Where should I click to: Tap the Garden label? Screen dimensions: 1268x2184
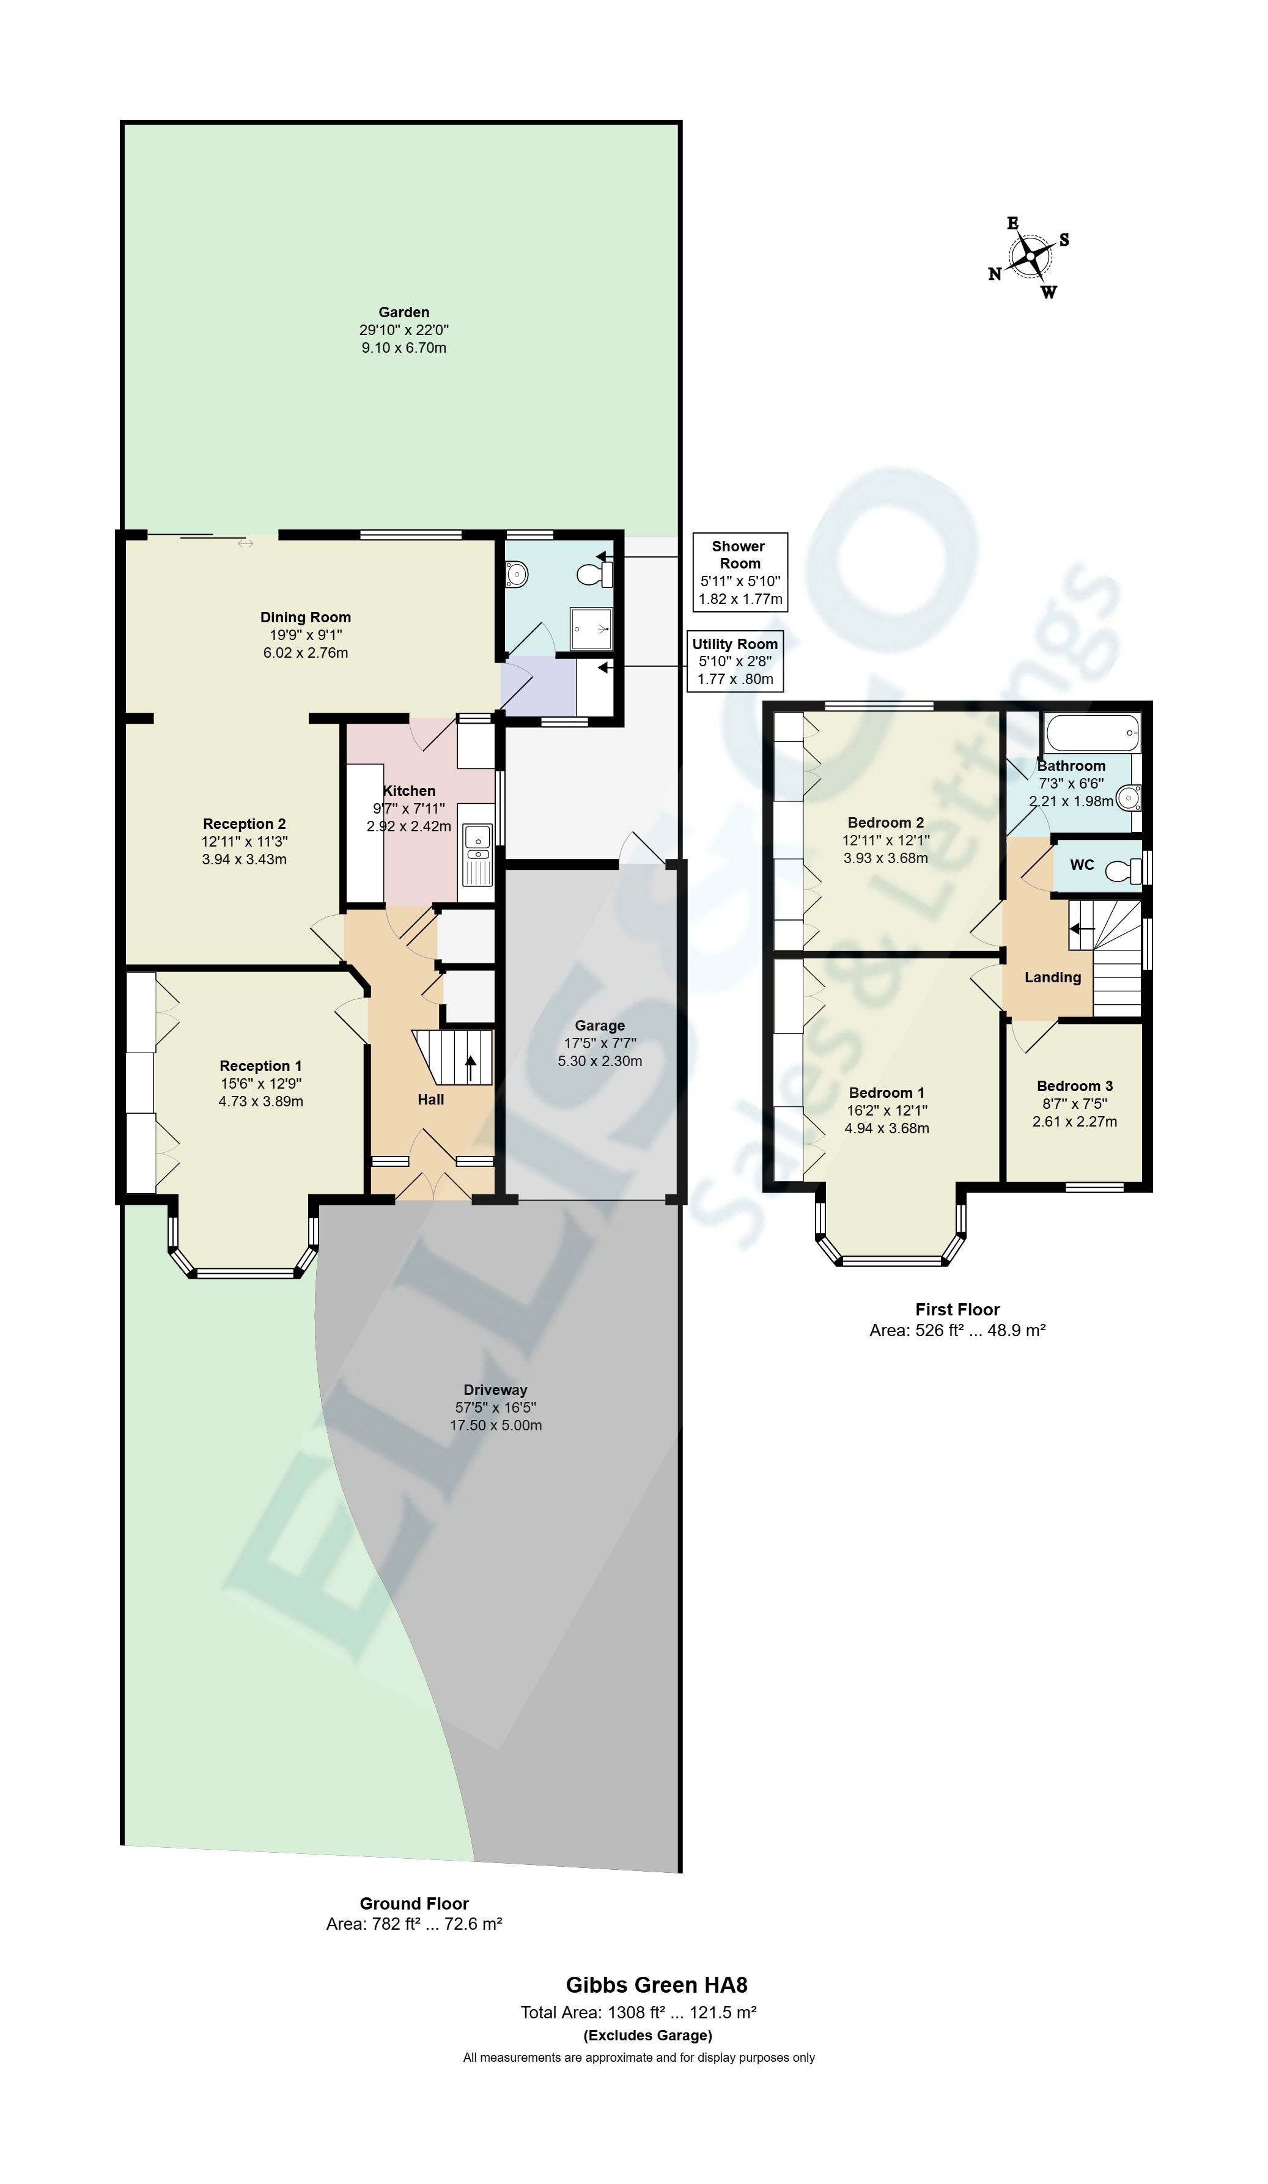(404, 312)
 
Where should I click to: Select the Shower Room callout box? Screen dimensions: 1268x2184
(740, 572)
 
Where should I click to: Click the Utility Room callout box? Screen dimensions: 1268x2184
(735, 661)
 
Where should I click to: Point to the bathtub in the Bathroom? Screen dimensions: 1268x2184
(1092, 734)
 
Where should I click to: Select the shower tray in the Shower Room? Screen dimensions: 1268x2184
(591, 628)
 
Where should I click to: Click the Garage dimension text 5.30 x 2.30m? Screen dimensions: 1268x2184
(600, 1061)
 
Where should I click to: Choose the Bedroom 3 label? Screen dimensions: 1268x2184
(1075, 1086)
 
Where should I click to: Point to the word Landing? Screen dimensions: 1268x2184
(1053, 977)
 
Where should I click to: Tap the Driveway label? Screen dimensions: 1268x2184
(496, 1389)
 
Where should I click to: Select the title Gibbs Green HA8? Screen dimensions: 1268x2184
(657, 1985)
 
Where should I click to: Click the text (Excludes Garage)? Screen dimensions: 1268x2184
(648, 2035)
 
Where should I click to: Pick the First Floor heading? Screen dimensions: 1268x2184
(957, 1309)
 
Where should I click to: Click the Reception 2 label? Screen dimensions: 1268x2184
(245, 824)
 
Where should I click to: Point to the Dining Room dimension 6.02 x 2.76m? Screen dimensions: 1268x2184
(306, 653)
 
